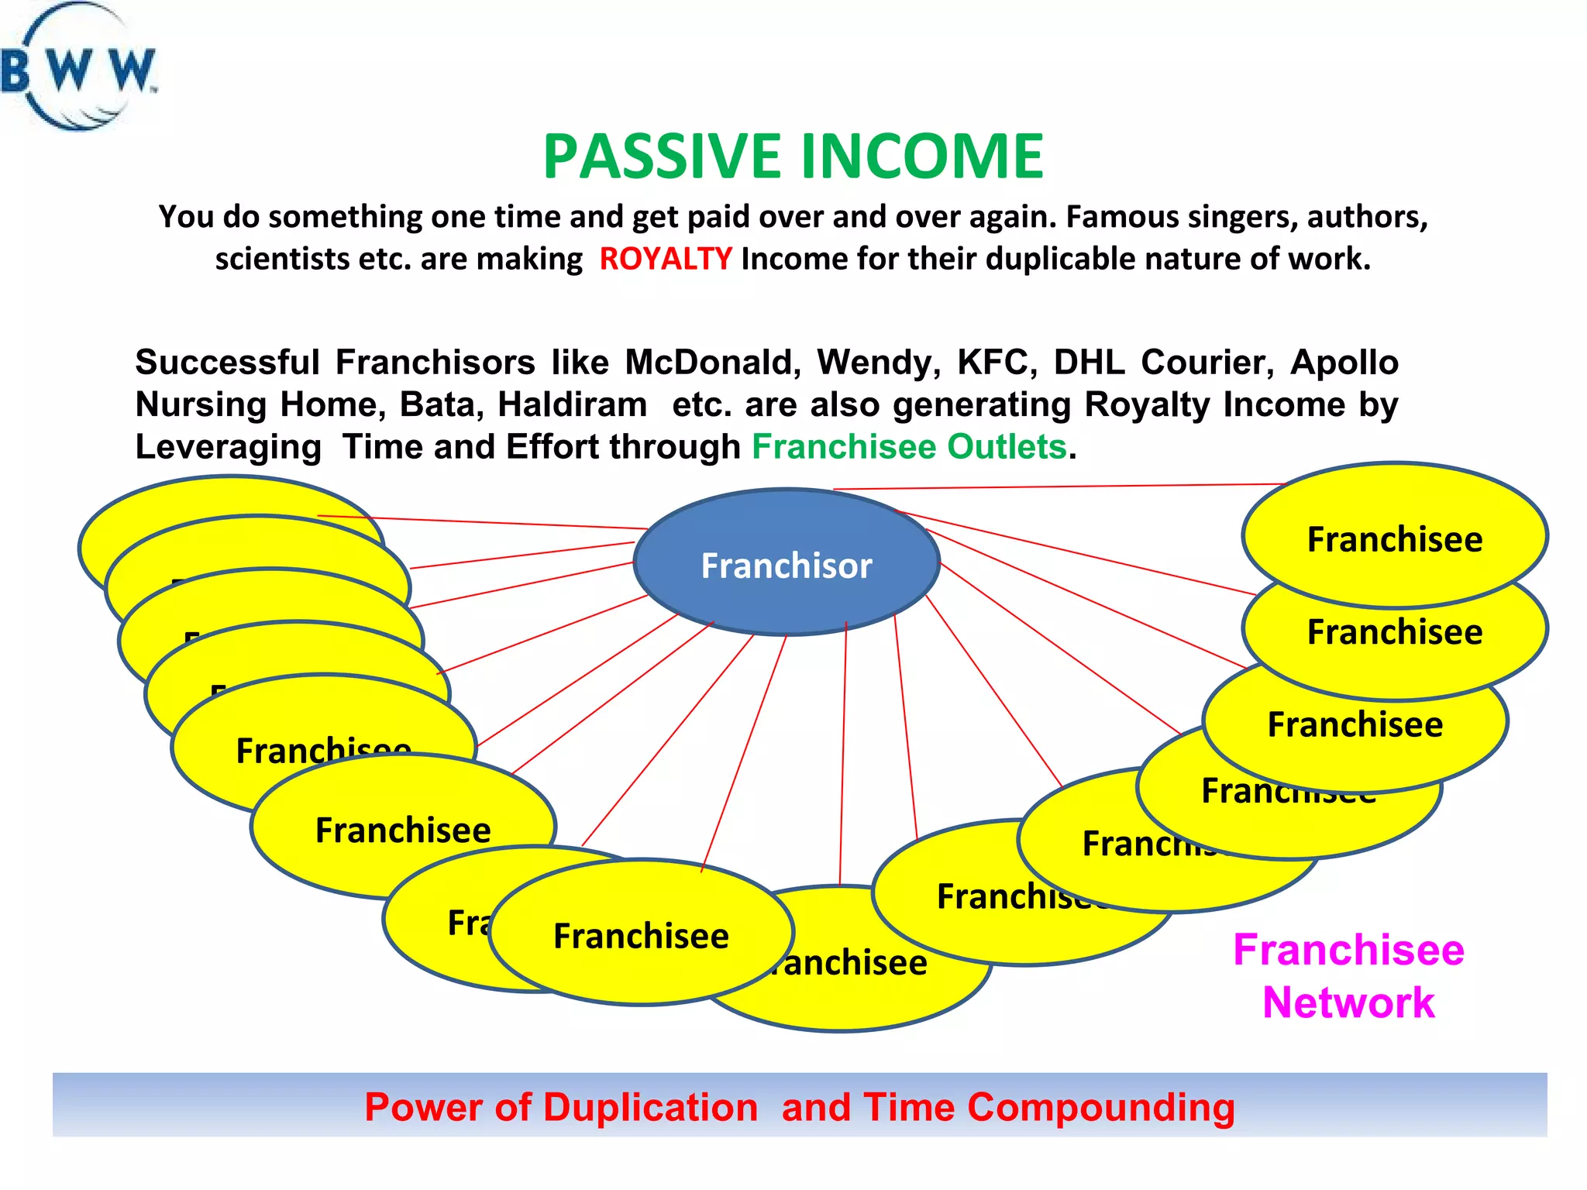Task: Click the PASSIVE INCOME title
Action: pos(793,156)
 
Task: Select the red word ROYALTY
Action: pos(665,259)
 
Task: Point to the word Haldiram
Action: pos(572,404)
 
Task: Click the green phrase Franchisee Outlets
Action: pos(909,447)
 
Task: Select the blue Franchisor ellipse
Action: pos(786,564)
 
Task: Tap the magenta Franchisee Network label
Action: pos(1348,976)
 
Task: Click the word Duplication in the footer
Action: pos(649,1107)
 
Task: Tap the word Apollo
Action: pos(1344,363)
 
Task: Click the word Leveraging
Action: pos(228,447)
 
